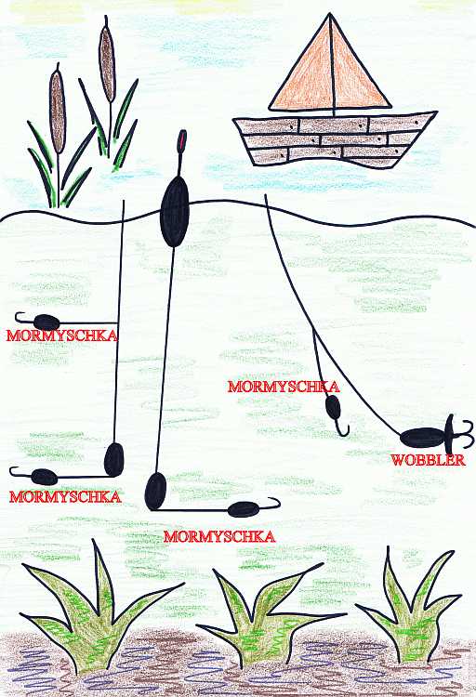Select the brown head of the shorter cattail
coord(58,112)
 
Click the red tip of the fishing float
coord(182,140)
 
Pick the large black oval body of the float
coord(175,211)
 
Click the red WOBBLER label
coord(429,460)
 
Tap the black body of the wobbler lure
coord(423,438)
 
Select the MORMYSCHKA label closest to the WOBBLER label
coord(284,387)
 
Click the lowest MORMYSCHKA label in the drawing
coord(219,536)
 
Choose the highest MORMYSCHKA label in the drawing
coord(62,335)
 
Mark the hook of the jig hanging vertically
coord(341,428)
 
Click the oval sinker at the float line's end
coord(155,492)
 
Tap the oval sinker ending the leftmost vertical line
coord(113,460)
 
